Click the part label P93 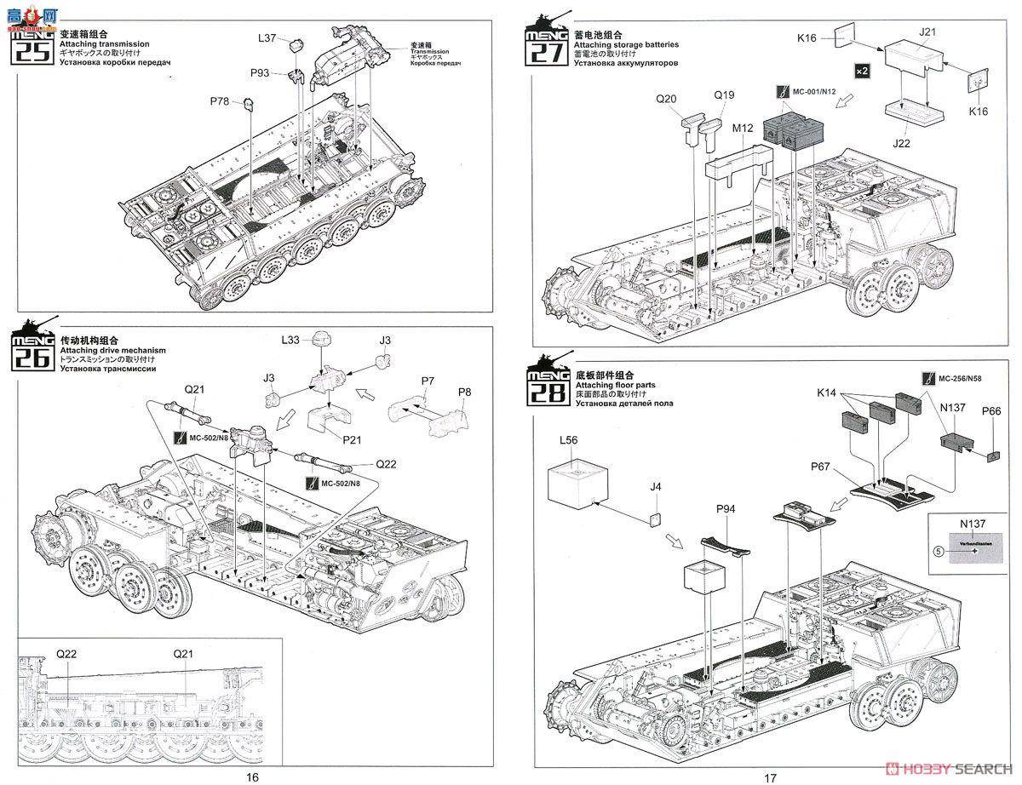(260, 73)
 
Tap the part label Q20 (667, 98)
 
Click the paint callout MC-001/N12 (810, 90)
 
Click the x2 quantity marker (862, 70)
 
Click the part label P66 (991, 410)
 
